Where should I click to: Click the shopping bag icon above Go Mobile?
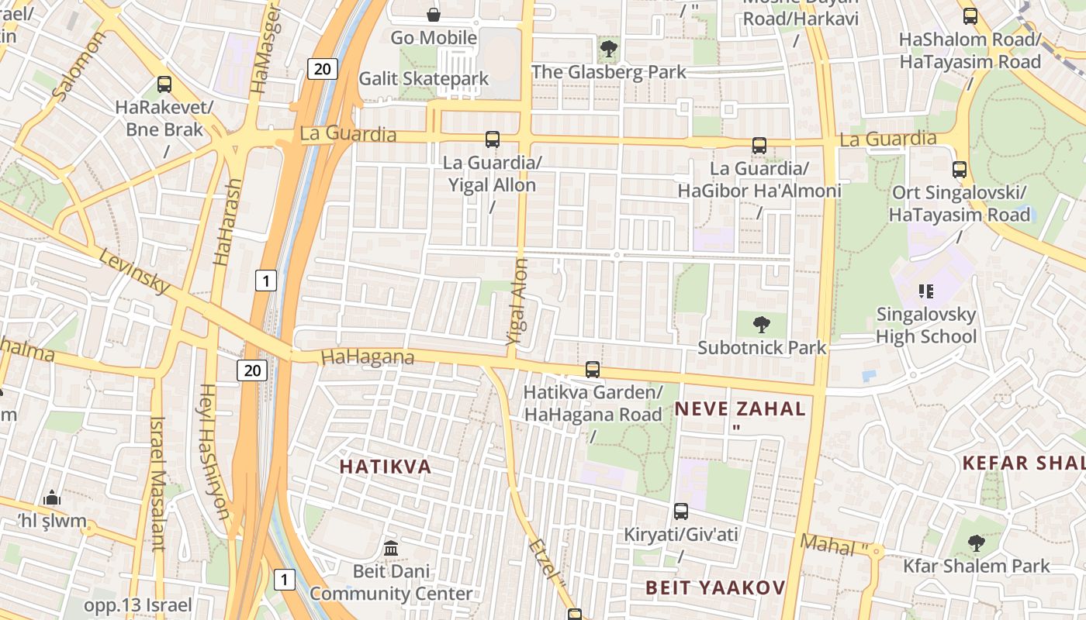tap(434, 14)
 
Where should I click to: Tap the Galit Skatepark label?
tap(424, 78)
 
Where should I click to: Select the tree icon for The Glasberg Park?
tap(609, 50)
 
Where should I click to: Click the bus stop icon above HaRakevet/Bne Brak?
tap(164, 84)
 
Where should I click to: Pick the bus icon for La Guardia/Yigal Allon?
tap(493, 139)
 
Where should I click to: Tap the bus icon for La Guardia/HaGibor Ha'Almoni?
tap(759, 145)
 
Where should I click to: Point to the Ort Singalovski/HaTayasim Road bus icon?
tap(960, 169)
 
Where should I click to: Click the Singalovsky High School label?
tap(926, 325)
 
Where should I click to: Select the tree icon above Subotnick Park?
tap(762, 325)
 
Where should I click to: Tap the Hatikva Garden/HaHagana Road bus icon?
tap(593, 369)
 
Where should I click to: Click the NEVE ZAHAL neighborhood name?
tap(740, 408)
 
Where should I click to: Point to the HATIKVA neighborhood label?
tap(386, 467)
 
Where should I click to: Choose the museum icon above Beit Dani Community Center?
tap(391, 548)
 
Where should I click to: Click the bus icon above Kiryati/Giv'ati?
tap(681, 511)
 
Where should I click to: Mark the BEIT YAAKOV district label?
tap(715, 587)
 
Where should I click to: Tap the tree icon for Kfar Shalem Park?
tap(977, 542)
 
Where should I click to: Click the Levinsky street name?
tap(134, 271)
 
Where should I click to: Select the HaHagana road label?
tap(367, 357)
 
